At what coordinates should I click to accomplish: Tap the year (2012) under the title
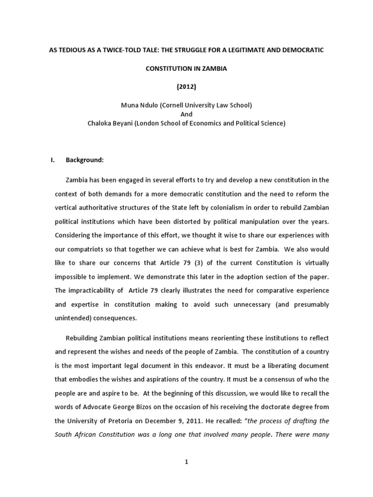click(x=186, y=87)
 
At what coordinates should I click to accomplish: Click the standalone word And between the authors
click(x=186, y=114)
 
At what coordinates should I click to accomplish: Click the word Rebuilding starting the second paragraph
click(x=85, y=337)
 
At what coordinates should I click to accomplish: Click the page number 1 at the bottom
click(x=186, y=462)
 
